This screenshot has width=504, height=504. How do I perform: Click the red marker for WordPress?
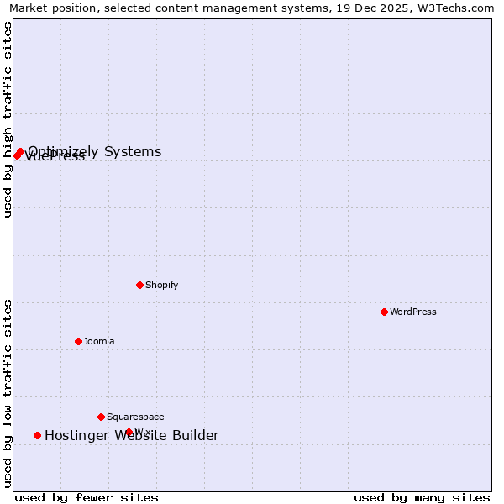click(384, 312)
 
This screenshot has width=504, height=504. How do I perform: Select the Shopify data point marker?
click(139, 285)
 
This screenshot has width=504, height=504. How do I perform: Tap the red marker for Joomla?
click(78, 341)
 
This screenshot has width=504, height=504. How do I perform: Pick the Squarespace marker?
click(101, 417)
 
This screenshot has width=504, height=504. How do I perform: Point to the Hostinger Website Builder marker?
click(37, 435)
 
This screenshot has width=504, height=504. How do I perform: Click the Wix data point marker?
click(129, 432)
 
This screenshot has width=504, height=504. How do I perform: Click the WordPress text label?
click(413, 312)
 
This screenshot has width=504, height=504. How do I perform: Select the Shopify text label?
click(162, 285)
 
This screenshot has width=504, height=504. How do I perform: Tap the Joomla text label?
click(99, 341)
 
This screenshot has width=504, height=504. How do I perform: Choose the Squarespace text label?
click(135, 417)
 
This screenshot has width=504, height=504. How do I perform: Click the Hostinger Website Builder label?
click(132, 435)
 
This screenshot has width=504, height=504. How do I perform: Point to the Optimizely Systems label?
click(95, 152)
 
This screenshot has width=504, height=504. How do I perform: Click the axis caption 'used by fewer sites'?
click(87, 497)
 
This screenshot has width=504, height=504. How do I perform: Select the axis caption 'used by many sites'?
click(422, 497)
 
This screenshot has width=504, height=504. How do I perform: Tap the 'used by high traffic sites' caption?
click(8, 120)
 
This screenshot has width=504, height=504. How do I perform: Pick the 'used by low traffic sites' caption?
click(8, 393)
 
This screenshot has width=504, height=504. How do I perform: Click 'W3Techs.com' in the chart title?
click(458, 8)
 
